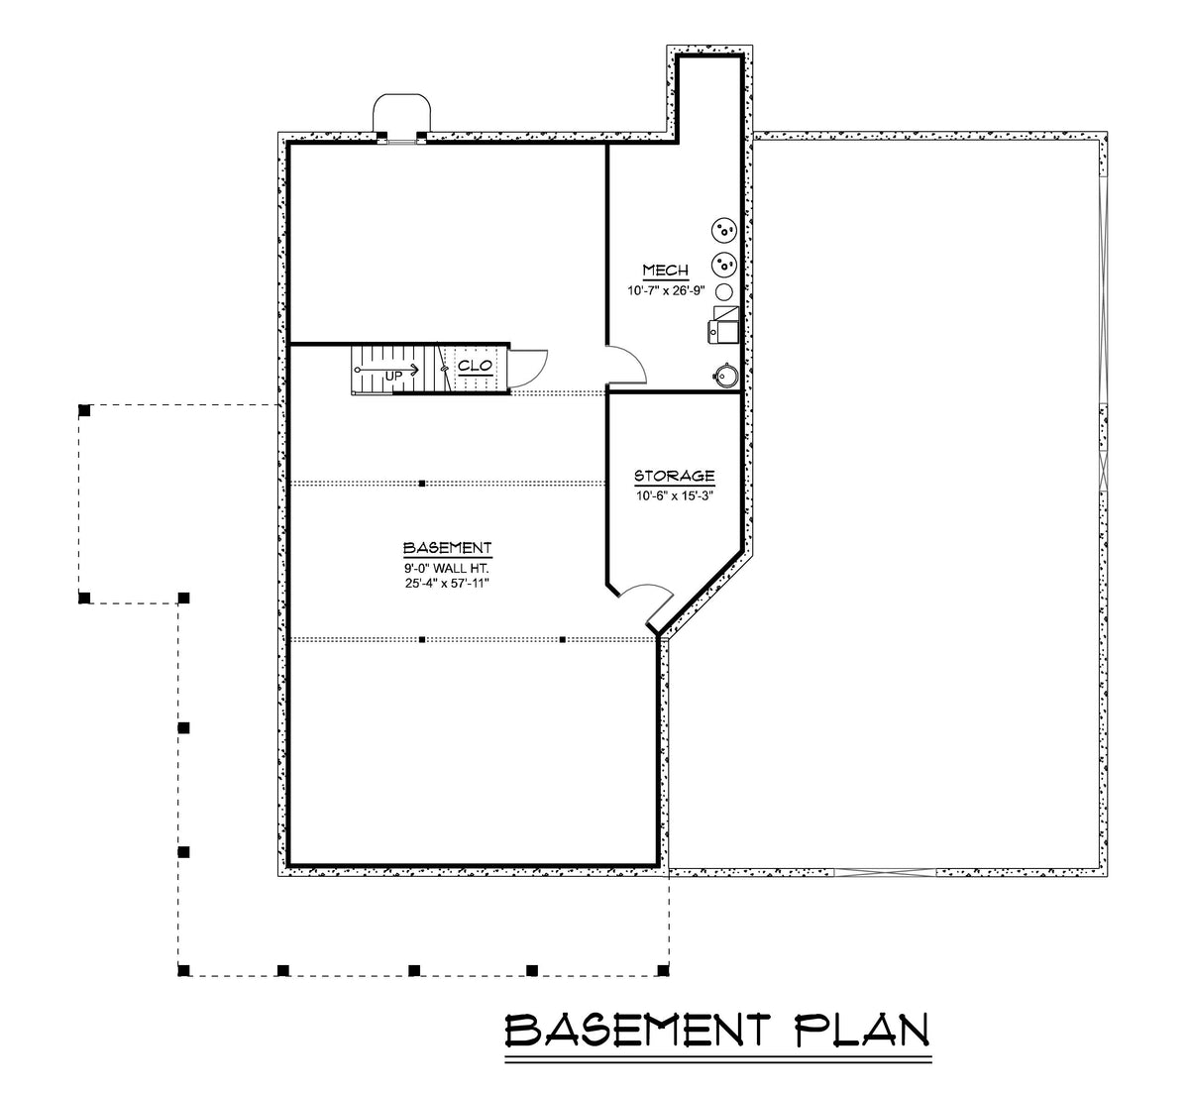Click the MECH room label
(665, 271)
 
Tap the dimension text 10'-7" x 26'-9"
(665, 291)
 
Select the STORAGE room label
(674, 477)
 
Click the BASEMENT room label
(447, 548)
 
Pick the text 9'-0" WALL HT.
(447, 568)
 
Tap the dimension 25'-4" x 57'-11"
(447, 584)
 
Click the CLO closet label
(476, 366)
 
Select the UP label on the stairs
(393, 375)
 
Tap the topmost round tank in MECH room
(724, 231)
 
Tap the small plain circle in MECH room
(724, 292)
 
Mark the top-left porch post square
(85, 409)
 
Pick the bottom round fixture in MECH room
(724, 374)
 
